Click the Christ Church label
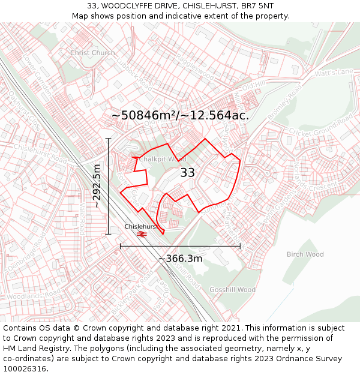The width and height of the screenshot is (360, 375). (92, 53)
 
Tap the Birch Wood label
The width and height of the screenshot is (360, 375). (305, 254)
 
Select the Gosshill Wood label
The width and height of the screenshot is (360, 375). (232, 290)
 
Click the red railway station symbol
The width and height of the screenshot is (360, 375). (142, 233)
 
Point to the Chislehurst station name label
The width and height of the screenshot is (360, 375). (142, 226)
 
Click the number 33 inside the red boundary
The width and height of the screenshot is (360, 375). (187, 173)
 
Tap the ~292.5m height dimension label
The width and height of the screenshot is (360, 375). (97, 186)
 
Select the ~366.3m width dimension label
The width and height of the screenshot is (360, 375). (180, 259)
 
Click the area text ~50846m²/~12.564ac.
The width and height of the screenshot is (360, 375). (180, 115)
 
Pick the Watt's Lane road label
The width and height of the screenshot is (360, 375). (334, 73)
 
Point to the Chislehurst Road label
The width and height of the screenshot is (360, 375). (40, 153)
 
